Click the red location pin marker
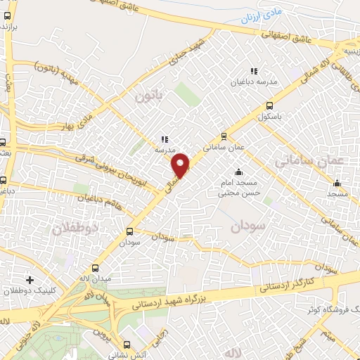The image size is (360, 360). (181, 165)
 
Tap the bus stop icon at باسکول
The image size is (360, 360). (269, 107)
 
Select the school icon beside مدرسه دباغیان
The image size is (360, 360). (254, 71)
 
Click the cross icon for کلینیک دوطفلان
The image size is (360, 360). (29, 280)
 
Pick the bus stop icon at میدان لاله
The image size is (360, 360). (96, 269)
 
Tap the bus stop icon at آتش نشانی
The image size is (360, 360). (126, 345)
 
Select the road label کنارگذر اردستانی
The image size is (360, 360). (289, 281)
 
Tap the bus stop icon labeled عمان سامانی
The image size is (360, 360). (224, 136)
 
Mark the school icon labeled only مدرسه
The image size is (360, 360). (164, 139)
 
